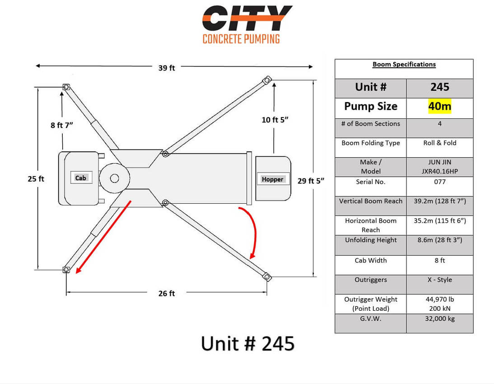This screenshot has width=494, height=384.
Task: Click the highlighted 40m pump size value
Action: click(x=439, y=106)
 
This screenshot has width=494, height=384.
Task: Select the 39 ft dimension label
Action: click(x=166, y=68)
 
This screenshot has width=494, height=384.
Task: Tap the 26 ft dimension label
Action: click(x=166, y=293)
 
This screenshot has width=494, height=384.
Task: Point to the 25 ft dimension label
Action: click(x=36, y=179)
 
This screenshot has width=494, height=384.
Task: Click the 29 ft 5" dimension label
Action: click(x=311, y=181)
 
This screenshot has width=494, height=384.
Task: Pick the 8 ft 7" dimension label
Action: click(x=62, y=125)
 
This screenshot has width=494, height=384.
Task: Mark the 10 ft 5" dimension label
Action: click(x=275, y=120)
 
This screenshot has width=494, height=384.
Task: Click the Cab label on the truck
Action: click(x=81, y=178)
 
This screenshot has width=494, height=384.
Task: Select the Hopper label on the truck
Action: click(x=273, y=179)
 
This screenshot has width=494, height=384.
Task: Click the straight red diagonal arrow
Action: click(x=103, y=237)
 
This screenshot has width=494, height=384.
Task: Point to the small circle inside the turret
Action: click(x=114, y=178)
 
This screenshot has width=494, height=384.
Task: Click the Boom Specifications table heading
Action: click(x=404, y=64)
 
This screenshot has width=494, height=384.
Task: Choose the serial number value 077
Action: click(x=439, y=182)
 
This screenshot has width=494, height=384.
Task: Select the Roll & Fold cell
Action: click(x=439, y=143)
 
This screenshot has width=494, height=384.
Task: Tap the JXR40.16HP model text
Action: click(x=439, y=171)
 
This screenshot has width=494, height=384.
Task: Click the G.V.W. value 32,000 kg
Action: click(x=439, y=318)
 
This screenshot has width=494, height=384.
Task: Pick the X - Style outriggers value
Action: click(x=439, y=280)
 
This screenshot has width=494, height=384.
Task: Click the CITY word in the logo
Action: click(x=247, y=18)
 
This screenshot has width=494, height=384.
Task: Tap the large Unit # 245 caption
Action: click(x=247, y=343)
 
